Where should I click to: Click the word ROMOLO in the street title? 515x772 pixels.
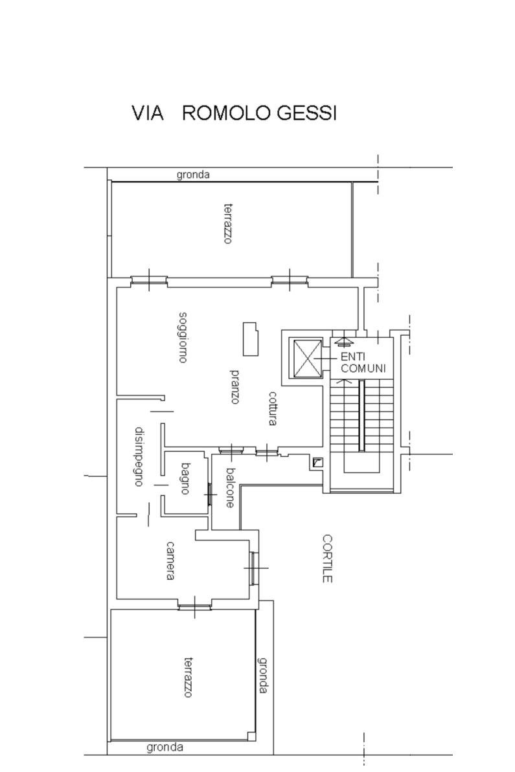(227, 113)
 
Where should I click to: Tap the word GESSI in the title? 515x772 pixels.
(306, 113)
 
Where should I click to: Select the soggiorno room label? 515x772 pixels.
(183, 337)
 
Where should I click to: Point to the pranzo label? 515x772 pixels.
(235, 386)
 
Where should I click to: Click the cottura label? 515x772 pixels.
(273, 408)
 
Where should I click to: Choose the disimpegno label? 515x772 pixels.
(139, 456)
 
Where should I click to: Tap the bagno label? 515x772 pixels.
(185, 478)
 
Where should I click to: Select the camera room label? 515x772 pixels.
(170, 561)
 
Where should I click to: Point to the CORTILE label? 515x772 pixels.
(327, 559)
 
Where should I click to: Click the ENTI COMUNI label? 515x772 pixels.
(363, 363)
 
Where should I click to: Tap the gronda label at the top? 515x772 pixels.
(193, 175)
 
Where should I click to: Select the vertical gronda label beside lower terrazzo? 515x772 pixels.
(263, 675)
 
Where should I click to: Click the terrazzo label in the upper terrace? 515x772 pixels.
(227, 224)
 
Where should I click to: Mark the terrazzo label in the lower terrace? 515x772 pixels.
(188, 677)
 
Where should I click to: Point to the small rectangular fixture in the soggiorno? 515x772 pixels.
(250, 339)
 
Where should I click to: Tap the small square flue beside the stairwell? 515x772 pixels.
(318, 462)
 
